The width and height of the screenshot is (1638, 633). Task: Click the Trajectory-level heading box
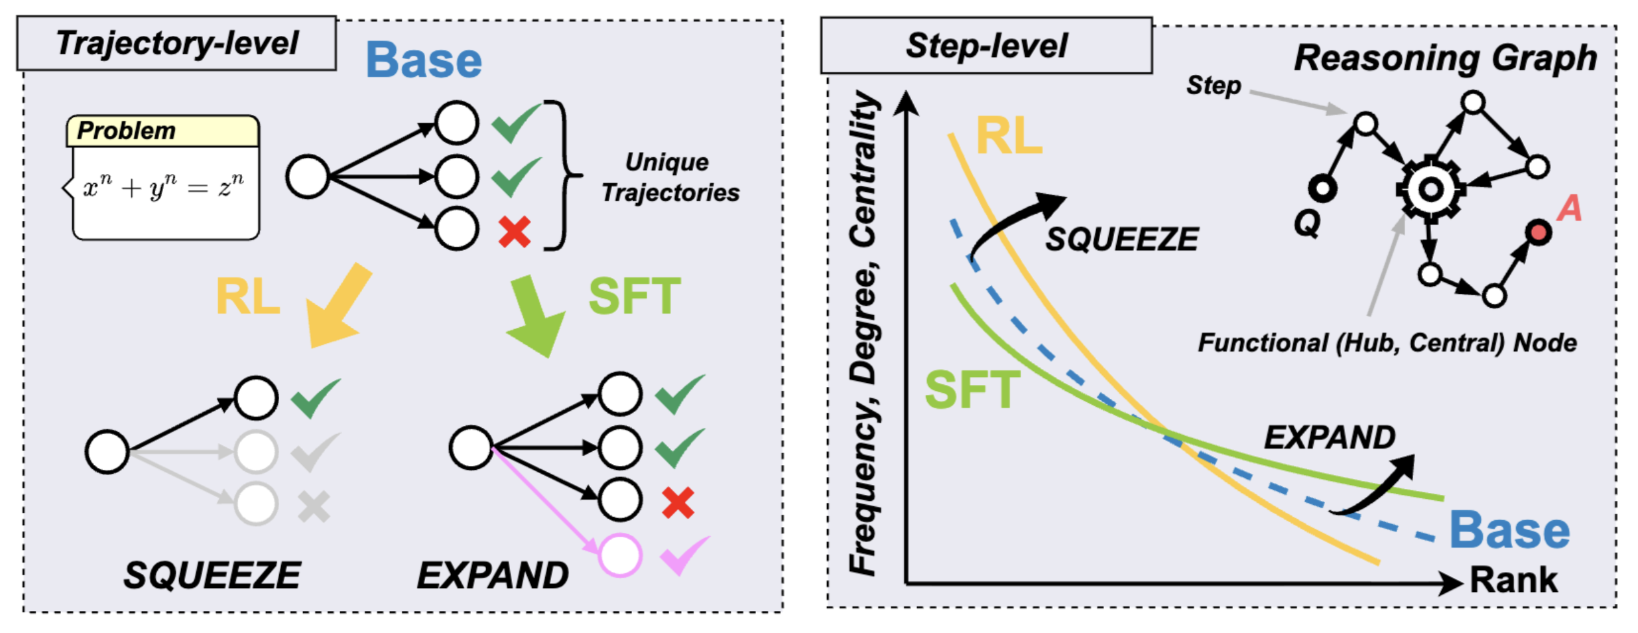176,44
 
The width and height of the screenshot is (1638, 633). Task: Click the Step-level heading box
985,46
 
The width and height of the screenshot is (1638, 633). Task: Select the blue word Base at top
424,60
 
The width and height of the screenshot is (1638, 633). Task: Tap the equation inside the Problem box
163,186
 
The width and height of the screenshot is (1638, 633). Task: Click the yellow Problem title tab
162,131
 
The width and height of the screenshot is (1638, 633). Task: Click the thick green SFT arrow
535,316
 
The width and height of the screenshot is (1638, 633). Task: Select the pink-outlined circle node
620,555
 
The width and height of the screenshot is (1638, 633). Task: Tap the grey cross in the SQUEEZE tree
314,507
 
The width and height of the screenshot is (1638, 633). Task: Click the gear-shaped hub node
1430,190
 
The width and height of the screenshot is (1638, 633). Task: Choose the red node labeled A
1538,233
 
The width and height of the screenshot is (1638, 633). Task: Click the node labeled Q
1322,189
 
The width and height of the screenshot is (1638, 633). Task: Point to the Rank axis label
1513,580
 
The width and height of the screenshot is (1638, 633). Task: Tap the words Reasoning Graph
1446,58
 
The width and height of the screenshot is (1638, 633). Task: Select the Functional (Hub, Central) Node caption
1387,343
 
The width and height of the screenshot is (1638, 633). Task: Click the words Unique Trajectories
670,177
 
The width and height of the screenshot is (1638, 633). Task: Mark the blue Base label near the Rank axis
1509,530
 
